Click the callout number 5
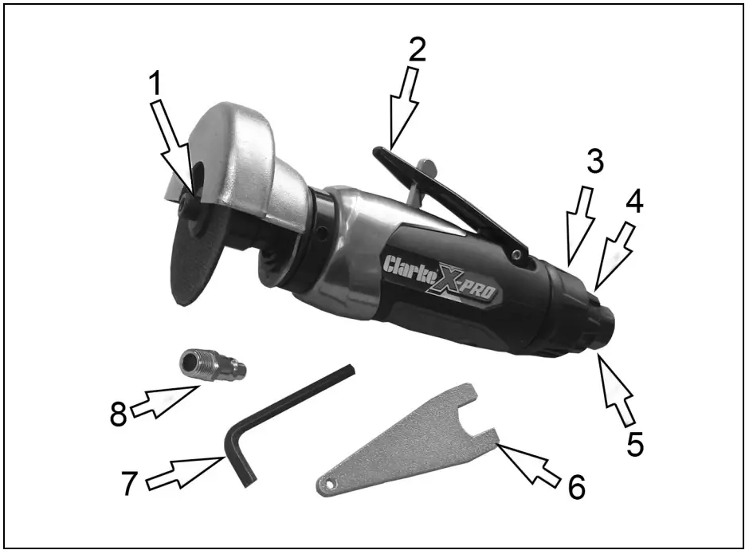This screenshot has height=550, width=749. pos(633,443)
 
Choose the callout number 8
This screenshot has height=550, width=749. pos(119,414)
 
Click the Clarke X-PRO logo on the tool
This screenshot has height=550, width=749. pos(440,277)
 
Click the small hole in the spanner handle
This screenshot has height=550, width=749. pos(328,485)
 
